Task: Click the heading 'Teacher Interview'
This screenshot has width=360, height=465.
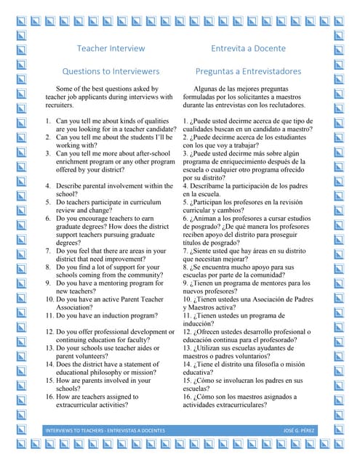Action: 111,49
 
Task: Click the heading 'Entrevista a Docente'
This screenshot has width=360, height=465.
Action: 248,49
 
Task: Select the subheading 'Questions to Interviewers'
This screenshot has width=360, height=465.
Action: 111,72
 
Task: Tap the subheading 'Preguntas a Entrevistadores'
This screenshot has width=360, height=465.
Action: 248,72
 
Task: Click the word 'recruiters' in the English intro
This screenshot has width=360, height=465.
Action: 61,105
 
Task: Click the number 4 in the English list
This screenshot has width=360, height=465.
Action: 48,186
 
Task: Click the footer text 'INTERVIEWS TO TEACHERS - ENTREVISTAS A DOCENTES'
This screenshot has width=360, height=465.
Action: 105,431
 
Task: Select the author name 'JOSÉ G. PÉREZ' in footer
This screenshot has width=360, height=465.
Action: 300,431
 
